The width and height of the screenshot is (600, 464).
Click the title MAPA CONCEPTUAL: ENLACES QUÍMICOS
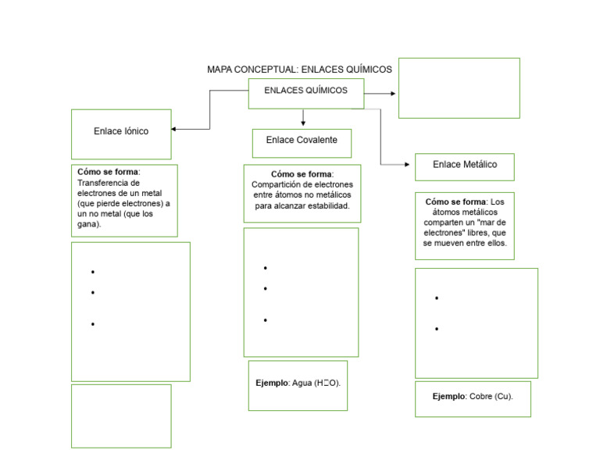[x=299, y=70]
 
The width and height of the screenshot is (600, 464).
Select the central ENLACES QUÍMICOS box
[x=305, y=93]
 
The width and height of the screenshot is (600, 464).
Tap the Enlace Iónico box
[x=121, y=134]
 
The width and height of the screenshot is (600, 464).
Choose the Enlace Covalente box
[x=302, y=142]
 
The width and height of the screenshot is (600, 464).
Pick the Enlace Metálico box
[x=464, y=166]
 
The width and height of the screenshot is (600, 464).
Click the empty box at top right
[x=459, y=87]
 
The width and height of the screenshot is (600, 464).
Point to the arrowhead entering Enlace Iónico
[x=174, y=129]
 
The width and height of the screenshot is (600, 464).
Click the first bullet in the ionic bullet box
[x=92, y=273]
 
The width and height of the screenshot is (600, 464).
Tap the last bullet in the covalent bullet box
[x=266, y=320]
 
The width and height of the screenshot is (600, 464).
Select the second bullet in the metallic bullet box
[x=437, y=329]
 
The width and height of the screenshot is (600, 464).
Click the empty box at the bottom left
[x=121, y=416]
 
